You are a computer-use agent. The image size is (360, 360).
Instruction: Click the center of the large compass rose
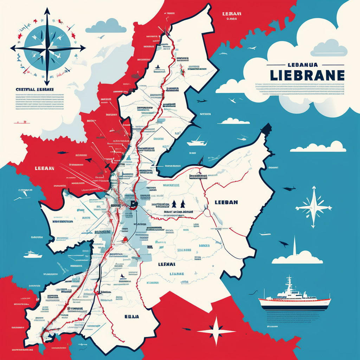[47, 48]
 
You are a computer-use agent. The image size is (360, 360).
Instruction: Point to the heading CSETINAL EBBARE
[35, 89]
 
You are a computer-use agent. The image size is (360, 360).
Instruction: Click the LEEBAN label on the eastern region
[226, 202]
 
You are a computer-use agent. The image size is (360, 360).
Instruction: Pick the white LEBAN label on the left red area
[44, 168]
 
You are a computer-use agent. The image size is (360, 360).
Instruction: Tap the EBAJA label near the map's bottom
[131, 316]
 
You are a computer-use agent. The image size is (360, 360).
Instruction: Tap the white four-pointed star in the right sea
[313, 207]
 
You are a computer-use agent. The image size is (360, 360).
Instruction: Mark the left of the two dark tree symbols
[174, 204]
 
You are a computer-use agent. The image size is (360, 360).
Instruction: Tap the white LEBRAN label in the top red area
[232, 14]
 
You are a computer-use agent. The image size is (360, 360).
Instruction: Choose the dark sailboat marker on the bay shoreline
[201, 161]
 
